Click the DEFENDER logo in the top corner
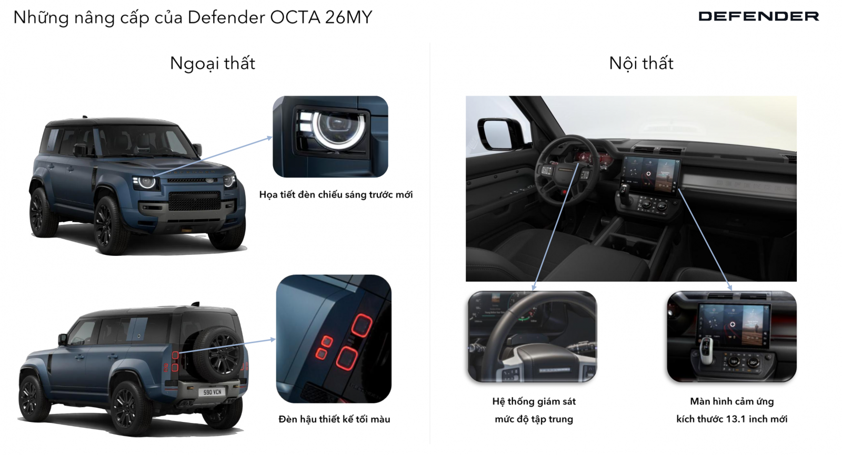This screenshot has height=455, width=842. [758, 16]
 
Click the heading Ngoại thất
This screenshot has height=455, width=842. [213, 64]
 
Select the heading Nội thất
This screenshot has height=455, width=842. [641, 63]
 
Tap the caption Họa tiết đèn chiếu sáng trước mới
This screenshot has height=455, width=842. [336, 194]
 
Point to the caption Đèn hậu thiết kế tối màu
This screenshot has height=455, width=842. [334, 419]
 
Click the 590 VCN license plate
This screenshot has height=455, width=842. [213, 392]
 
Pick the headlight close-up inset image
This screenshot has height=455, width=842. [330, 137]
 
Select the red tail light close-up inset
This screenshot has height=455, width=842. [334, 338]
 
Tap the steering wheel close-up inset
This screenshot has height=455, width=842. [532, 337]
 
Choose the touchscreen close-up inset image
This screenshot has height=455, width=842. [732, 337]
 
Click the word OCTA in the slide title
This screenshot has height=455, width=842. [295, 17]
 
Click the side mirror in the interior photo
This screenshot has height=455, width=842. [499, 133]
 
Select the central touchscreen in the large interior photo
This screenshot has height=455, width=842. [649, 174]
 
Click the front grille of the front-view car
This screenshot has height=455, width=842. [194, 201]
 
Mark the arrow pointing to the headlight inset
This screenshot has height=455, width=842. [213, 157]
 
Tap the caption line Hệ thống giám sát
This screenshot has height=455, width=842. [534, 402]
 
